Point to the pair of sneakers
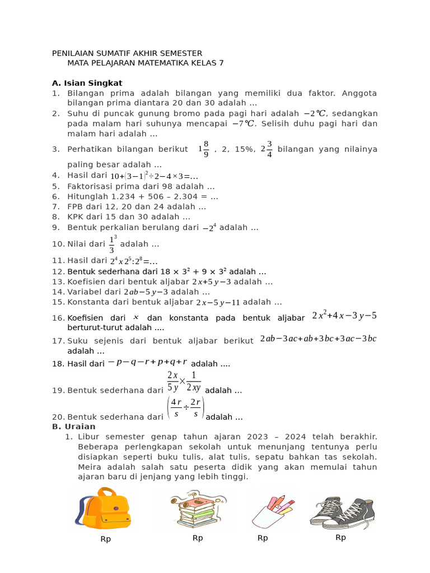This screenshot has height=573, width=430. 342,509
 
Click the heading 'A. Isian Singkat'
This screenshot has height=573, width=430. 87,83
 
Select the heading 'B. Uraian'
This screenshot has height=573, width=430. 73,426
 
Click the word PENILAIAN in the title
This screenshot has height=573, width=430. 77,53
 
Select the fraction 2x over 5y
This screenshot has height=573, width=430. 173,380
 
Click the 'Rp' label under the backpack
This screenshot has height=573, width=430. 106,539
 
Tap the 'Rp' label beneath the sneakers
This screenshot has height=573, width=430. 340,537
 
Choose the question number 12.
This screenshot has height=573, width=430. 58,271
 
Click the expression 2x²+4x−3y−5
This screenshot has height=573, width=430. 344,316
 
